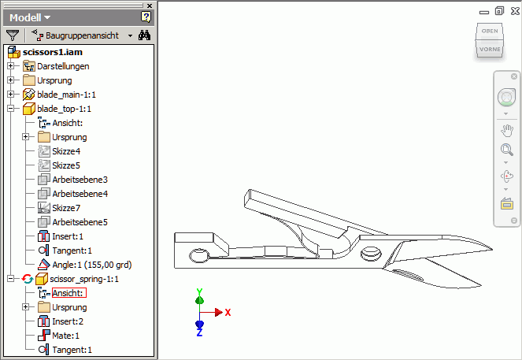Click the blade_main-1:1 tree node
pyautogui.click(x=66, y=95)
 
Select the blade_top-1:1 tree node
pyautogui.click(x=64, y=109)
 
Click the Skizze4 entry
pyautogui.click(x=66, y=151)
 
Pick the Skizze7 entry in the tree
pyautogui.click(x=66, y=208)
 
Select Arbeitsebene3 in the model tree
pyautogui.click(x=80, y=180)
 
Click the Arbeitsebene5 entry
pyautogui.click(x=80, y=222)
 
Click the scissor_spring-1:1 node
pyautogui.click(x=83, y=279)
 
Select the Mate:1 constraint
pyautogui.click(x=66, y=336)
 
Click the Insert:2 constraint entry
pyautogui.click(x=68, y=321)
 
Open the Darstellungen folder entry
pyautogui.click(x=63, y=66)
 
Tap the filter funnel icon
pyautogui.click(x=13, y=35)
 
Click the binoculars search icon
pyautogui.click(x=144, y=35)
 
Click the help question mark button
pyautogui.click(x=146, y=17)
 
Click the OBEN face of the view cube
pyautogui.click(x=489, y=31)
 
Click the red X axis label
pyautogui.click(x=228, y=313)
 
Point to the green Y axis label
pyautogui.click(x=200, y=291)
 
